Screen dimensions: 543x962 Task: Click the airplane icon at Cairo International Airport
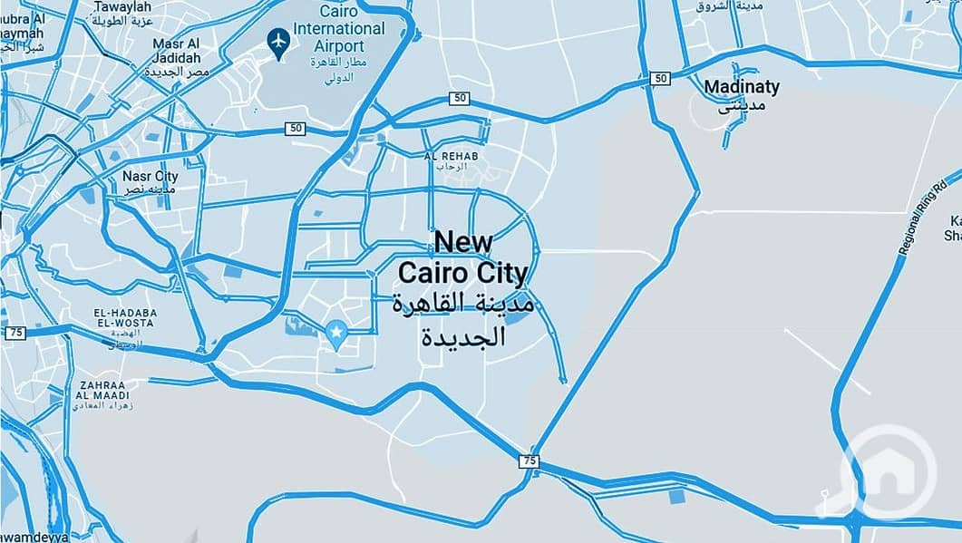point(279,41)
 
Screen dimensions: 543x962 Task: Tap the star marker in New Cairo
point(337,334)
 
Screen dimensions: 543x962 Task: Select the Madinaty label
point(742,87)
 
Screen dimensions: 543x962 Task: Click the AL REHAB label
point(451,156)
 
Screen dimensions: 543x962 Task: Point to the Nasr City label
point(150,176)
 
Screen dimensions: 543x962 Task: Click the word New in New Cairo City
point(463,241)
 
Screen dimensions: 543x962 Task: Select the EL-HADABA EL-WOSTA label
point(125,318)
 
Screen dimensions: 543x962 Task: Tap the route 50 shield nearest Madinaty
point(660,79)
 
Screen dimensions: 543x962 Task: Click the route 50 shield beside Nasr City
point(295,129)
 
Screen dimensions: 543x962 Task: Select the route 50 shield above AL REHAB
point(460,98)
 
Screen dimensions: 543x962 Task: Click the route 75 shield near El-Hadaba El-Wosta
point(15,333)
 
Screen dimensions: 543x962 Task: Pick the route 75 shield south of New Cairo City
point(530,461)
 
